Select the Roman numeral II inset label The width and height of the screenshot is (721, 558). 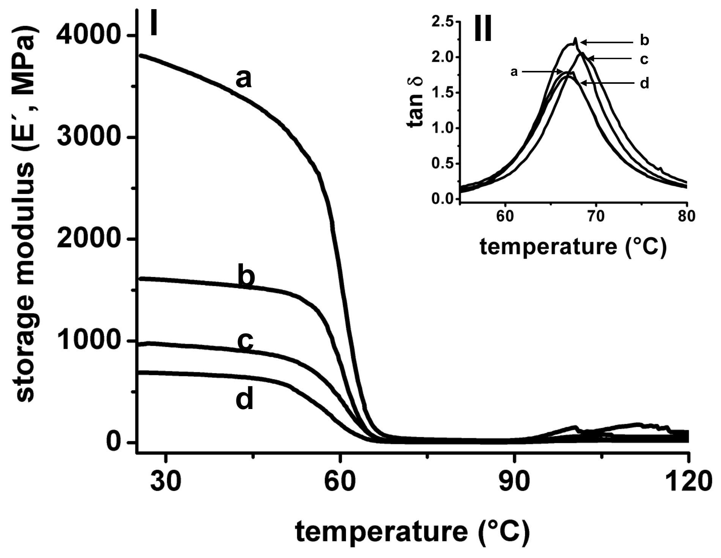click(x=483, y=29)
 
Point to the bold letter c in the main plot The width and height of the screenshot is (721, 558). click(x=245, y=340)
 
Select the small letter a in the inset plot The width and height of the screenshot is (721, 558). click(x=514, y=71)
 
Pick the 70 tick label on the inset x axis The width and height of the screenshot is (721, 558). click(x=596, y=216)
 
